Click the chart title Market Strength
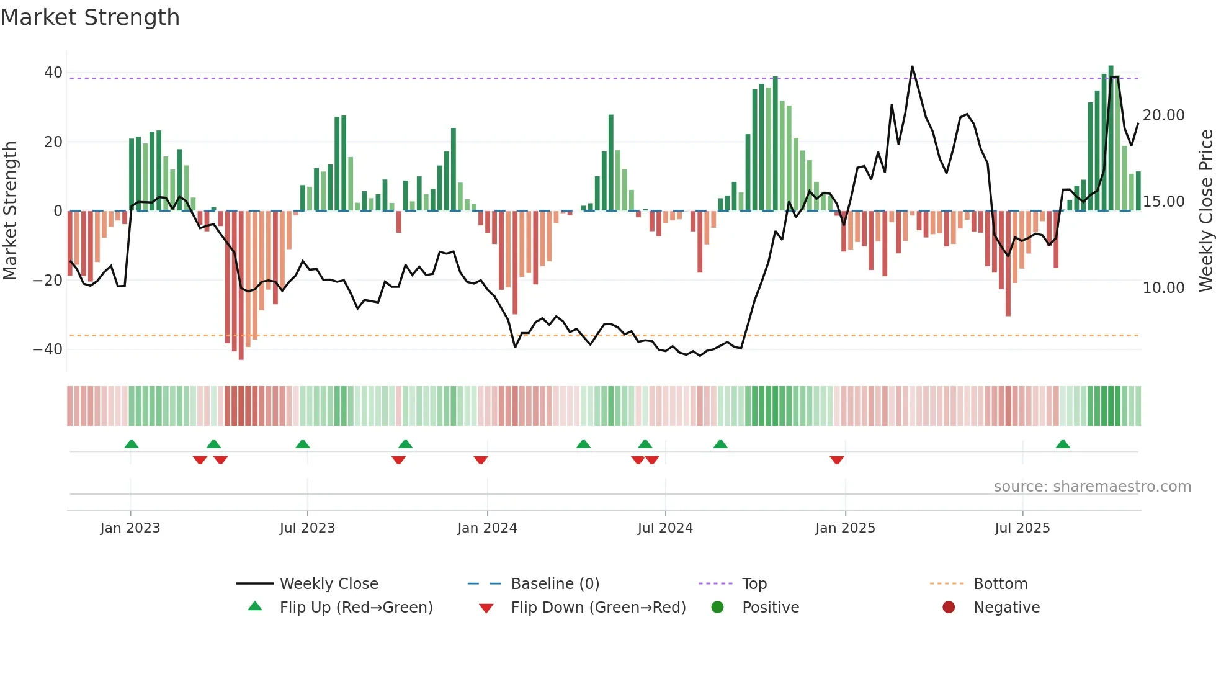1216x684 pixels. pyautogui.click(x=90, y=17)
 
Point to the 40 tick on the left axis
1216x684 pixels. pyautogui.click(x=53, y=73)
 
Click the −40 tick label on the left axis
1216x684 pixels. pyautogui.click(x=48, y=349)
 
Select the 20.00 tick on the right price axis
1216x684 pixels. pyautogui.click(x=1163, y=115)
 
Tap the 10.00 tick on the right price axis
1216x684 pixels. pyautogui.click(x=1163, y=288)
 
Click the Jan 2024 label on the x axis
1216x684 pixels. pyautogui.click(x=487, y=528)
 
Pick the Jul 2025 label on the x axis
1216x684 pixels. pyautogui.click(x=1022, y=528)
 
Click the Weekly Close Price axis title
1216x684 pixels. pyautogui.click(x=1205, y=211)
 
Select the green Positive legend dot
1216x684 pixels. pyautogui.click(x=718, y=608)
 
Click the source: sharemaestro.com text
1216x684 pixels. pyautogui.click(x=1092, y=487)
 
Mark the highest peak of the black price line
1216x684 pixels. pyautogui.click(x=912, y=67)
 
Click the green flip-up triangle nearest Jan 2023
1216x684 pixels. pyautogui.click(x=132, y=444)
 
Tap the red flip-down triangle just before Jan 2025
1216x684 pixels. pyautogui.click(x=836, y=460)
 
